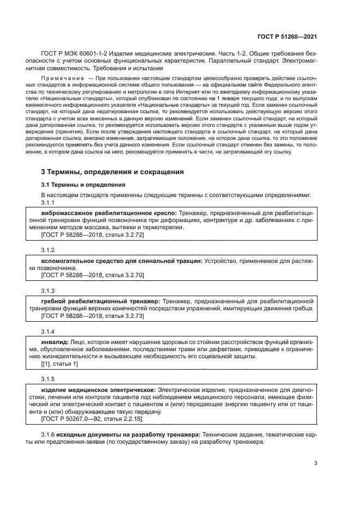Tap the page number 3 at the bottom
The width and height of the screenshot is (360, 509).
(x=316, y=463)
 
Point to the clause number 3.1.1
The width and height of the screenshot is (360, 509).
(x=48, y=203)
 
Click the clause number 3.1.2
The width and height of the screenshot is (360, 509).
(x=48, y=249)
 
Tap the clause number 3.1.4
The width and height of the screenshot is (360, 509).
(x=48, y=330)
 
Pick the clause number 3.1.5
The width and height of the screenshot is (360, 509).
(x=48, y=378)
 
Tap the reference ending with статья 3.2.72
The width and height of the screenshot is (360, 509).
(x=92, y=235)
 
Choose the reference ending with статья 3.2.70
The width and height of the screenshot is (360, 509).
(x=92, y=275)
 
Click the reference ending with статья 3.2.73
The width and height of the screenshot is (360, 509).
(x=92, y=316)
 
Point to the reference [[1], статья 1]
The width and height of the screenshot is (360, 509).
(x=60, y=364)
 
